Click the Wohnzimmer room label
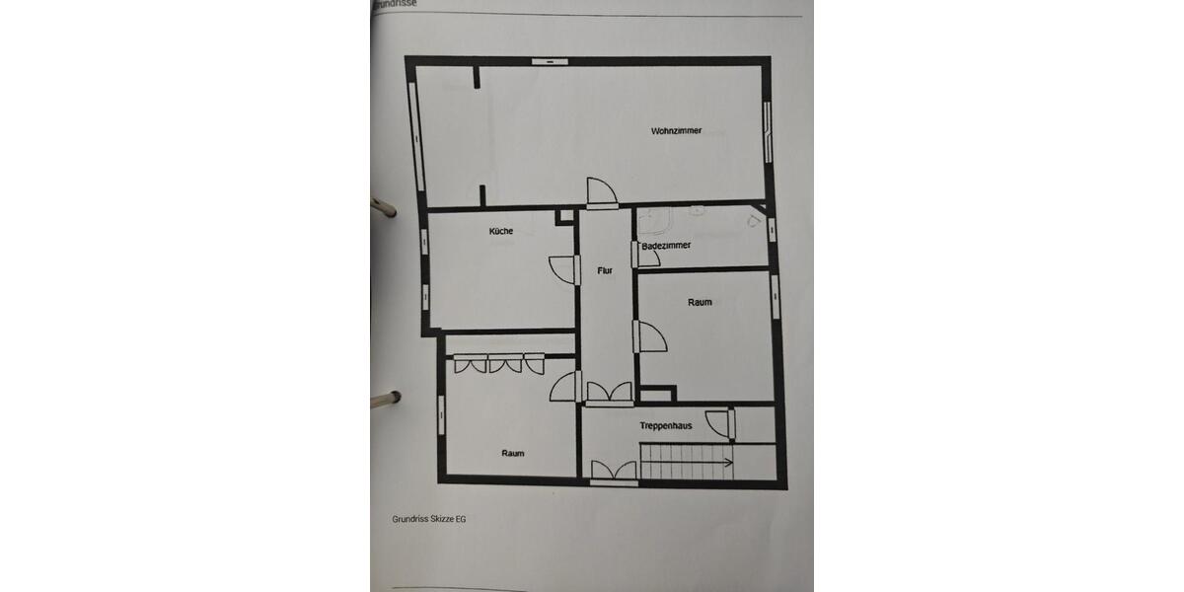coord(676,130)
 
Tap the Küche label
coord(500,232)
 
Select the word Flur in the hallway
coord(605,269)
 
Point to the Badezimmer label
coord(666,245)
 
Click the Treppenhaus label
coord(665,426)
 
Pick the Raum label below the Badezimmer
coord(700,303)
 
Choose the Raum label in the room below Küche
coord(512,453)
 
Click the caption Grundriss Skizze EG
coord(428,519)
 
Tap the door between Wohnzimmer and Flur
coord(600,192)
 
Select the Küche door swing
coord(562,268)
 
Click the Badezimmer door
coord(639,253)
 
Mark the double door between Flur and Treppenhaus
coord(608,393)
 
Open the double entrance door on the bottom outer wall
coord(613,472)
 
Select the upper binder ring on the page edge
coord(382,206)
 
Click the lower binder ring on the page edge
coord(383,400)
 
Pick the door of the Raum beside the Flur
coord(650,336)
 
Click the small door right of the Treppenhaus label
coord(726,423)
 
